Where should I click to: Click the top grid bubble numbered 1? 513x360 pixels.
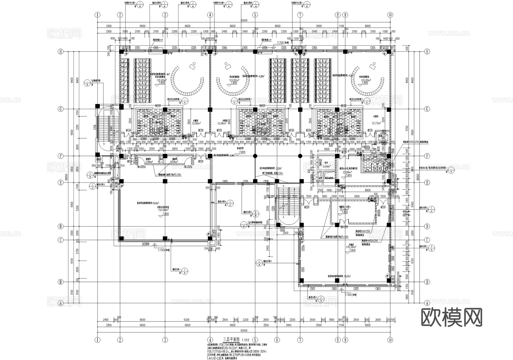click(98, 15)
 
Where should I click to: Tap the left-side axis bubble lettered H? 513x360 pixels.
click(60, 52)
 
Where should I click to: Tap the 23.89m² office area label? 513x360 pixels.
click(348, 172)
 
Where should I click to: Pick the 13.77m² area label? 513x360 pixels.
click(376, 123)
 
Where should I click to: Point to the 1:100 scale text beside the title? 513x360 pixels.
click(245, 340)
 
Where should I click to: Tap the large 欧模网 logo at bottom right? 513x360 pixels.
click(452, 317)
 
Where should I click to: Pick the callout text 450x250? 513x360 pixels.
click(369, 241)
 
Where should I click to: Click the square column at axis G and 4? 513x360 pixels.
click(210, 109)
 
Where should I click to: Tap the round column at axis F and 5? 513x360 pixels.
click(255, 156)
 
